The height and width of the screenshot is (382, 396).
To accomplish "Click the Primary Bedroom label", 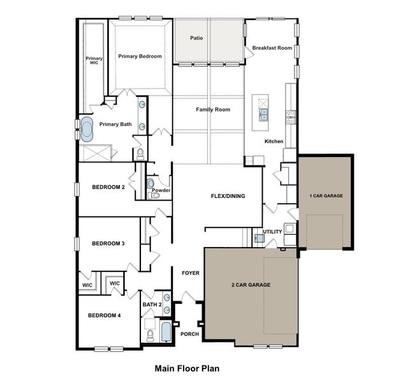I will tap(140, 56).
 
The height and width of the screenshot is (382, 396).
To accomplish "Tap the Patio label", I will tap(196, 38).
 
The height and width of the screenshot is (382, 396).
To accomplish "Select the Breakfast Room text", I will tap(272, 48).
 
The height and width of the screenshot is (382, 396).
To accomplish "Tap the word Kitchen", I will tap(274, 141).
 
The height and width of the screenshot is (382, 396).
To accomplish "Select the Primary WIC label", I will tap(94, 61).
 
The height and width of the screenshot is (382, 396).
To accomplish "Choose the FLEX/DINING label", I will tap(228, 196).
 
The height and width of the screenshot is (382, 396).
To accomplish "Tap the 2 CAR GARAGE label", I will tap(251, 285).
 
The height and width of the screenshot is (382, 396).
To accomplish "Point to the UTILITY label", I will tap(272, 232).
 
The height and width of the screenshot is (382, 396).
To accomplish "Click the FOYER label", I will tap(191, 273).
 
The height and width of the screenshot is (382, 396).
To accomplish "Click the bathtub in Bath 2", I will tap(166, 332).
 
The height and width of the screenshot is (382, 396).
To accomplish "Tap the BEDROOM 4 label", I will tap(104, 316).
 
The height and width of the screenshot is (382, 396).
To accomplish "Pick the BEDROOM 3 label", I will tap(108, 243).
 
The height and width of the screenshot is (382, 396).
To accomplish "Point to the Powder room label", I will tap(161, 190).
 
